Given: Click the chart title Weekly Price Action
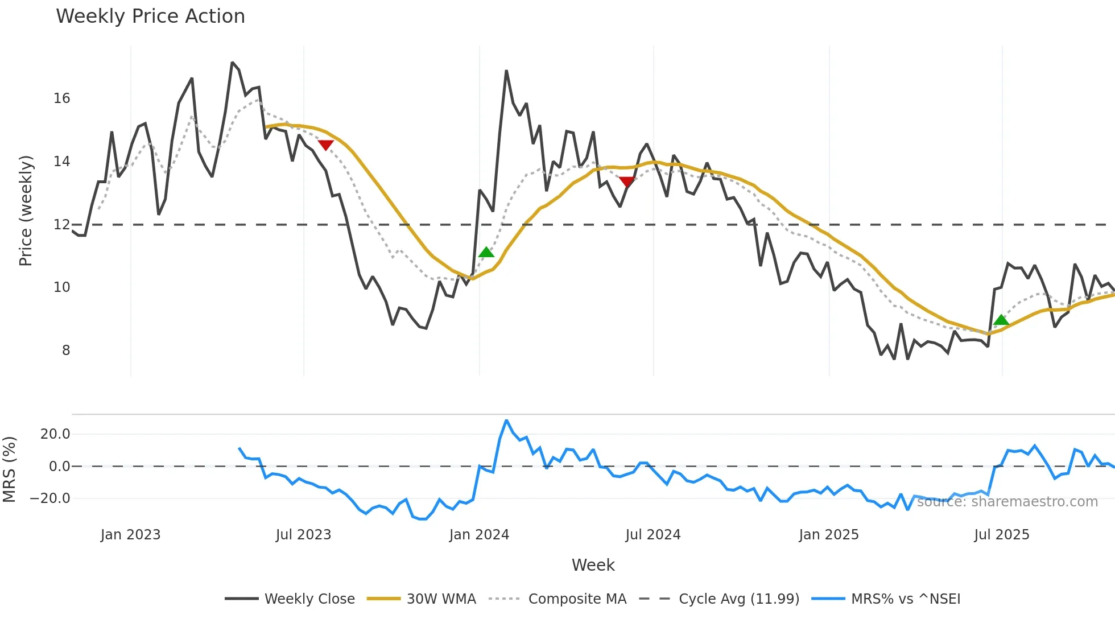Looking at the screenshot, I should tap(150, 16).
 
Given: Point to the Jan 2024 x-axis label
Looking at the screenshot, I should tap(479, 535).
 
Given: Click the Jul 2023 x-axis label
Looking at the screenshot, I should tap(303, 535).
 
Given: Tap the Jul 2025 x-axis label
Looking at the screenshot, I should tap(1002, 535).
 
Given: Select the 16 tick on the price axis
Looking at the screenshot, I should tap(62, 98).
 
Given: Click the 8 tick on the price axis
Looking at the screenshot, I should tap(66, 350).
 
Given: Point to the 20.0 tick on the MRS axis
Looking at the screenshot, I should tap(55, 434).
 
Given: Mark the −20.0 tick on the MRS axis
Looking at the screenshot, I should tap(51, 498).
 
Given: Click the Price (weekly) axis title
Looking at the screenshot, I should tap(26, 211).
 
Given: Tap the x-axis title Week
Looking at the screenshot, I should tap(593, 565).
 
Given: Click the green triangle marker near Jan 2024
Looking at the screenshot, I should tap(486, 252).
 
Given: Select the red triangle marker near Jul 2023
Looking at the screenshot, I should tap(325, 145).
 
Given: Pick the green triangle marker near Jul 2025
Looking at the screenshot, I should tap(1001, 320).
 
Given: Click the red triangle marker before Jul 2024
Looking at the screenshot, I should tap(627, 182).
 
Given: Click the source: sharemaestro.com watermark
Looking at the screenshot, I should tap(1007, 502).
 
